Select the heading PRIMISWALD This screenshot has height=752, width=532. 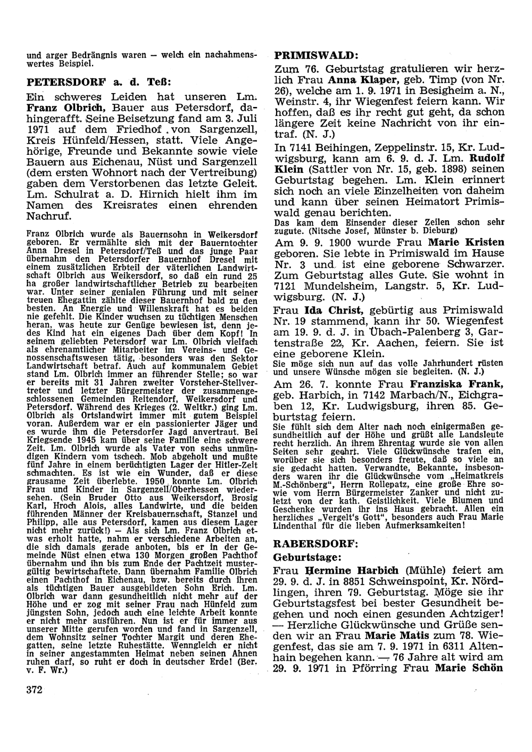click(x=314, y=55)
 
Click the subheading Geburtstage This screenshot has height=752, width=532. click(x=302, y=557)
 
